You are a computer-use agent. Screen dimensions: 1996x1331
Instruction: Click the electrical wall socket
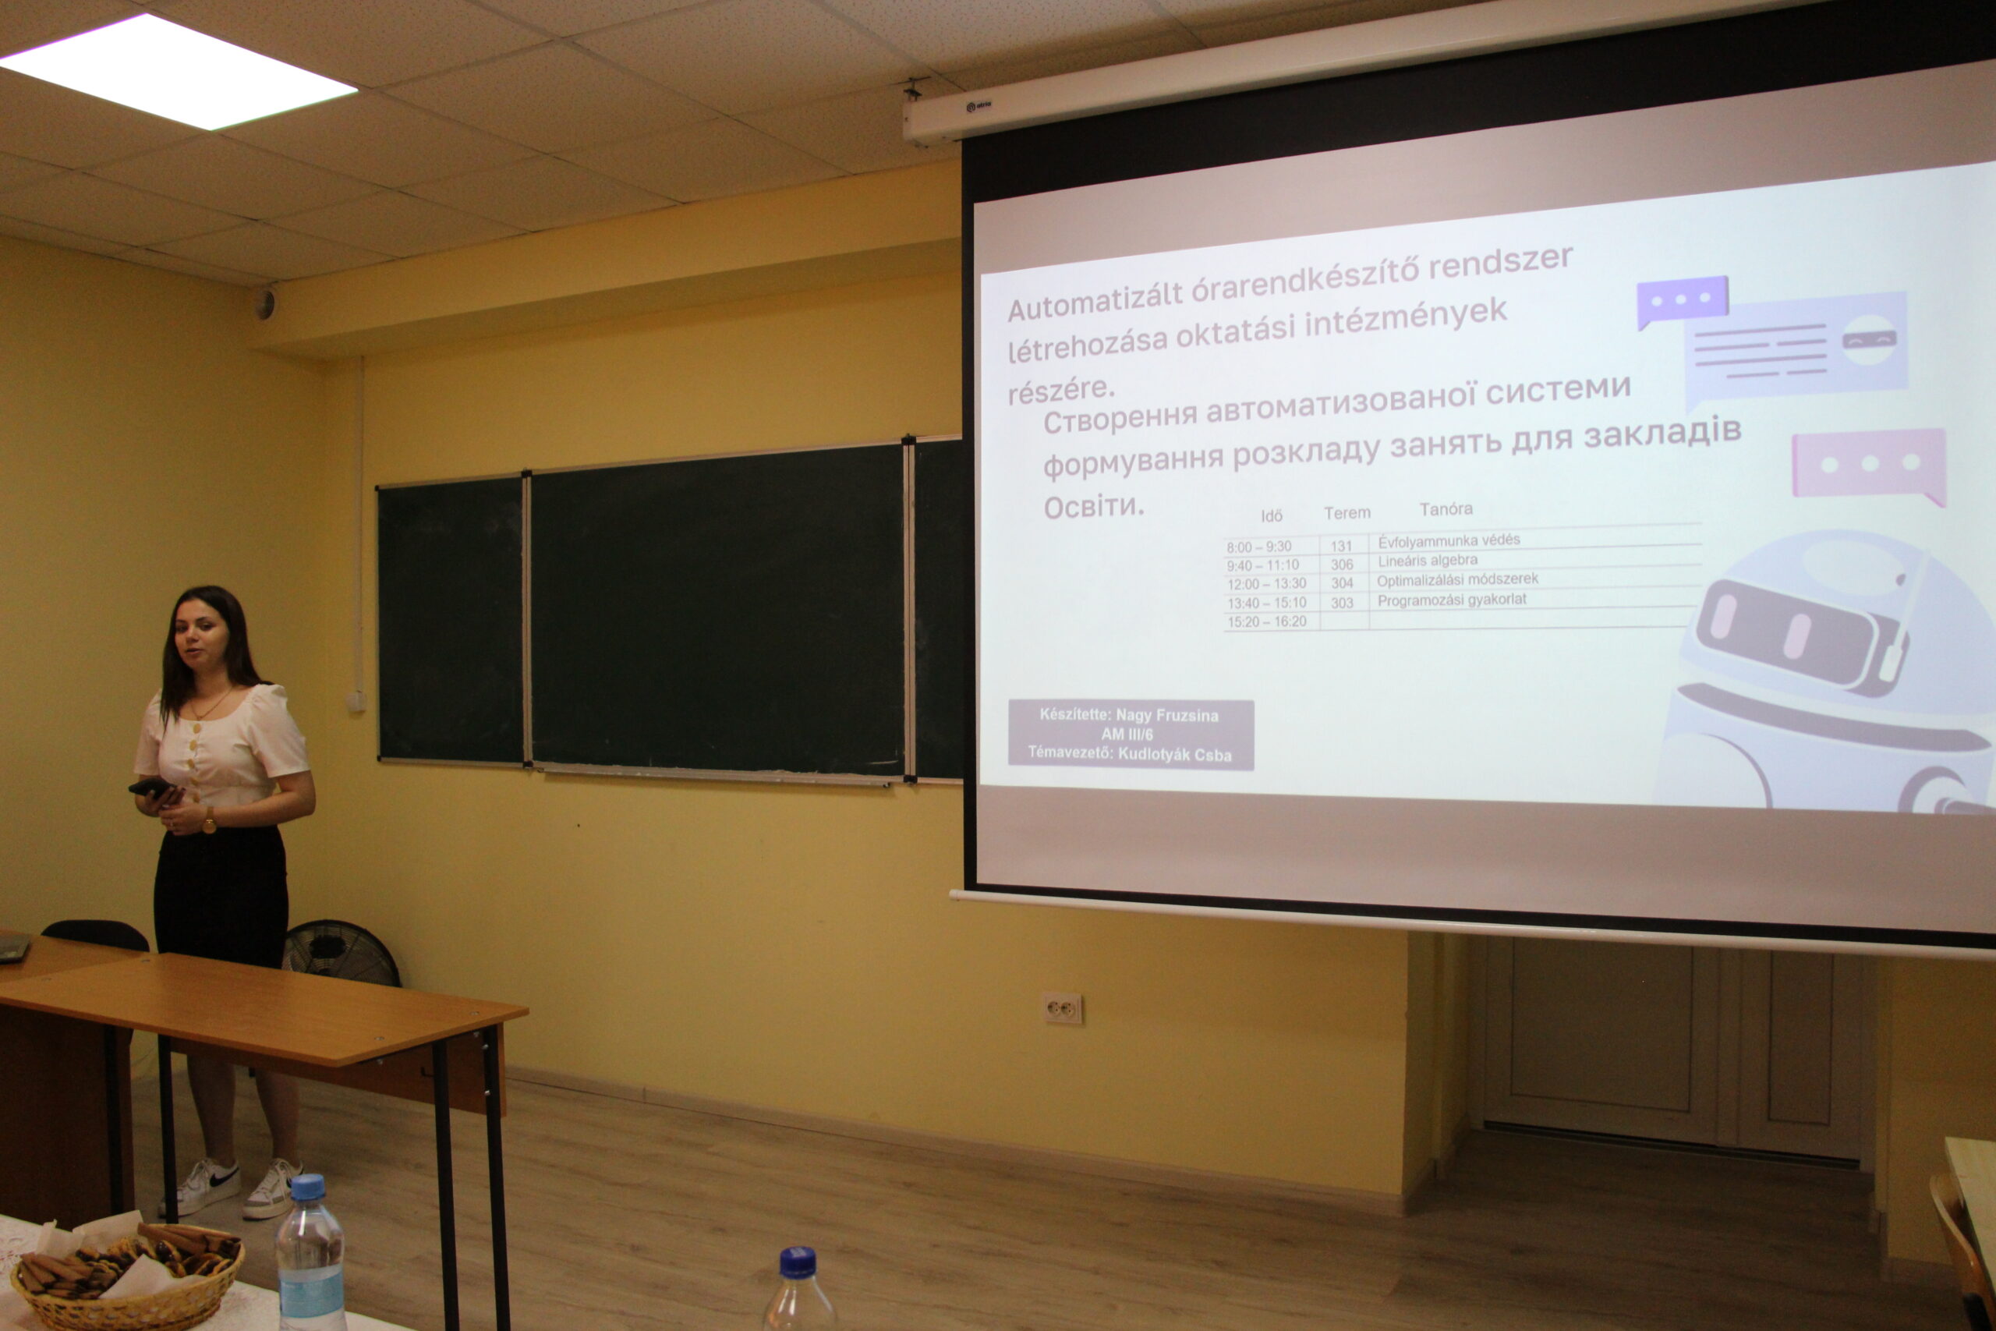[x=1062, y=1008]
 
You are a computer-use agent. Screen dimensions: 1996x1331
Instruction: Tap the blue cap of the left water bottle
[x=306, y=1187]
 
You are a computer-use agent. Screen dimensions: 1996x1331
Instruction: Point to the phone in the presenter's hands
[x=151, y=788]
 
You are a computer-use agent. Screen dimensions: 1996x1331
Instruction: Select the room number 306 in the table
[x=1342, y=565]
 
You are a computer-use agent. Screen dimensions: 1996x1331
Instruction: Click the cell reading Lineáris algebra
[x=1428, y=561]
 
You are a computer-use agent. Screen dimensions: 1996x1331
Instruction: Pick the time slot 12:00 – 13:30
[x=1266, y=584]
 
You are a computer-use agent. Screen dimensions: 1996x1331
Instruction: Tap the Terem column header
[x=1347, y=513]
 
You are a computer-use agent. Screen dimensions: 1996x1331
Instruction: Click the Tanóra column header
[x=1446, y=509]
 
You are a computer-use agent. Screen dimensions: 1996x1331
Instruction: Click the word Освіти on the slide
[x=1094, y=507]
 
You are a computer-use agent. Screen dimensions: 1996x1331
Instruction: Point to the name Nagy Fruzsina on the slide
[x=1167, y=716]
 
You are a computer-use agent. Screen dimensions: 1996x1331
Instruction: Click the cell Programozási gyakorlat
[x=1451, y=600]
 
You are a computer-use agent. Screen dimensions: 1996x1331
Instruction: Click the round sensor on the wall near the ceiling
[x=266, y=303]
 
